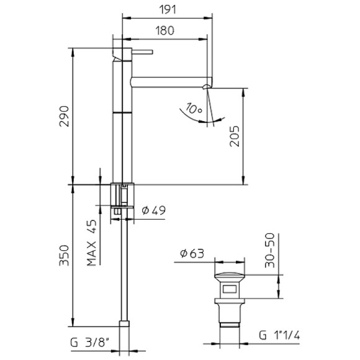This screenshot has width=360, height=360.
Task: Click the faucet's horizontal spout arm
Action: tap(168, 81)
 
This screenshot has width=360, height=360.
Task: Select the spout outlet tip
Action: tap(209, 84)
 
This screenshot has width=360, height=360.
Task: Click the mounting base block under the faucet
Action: tap(122, 195)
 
